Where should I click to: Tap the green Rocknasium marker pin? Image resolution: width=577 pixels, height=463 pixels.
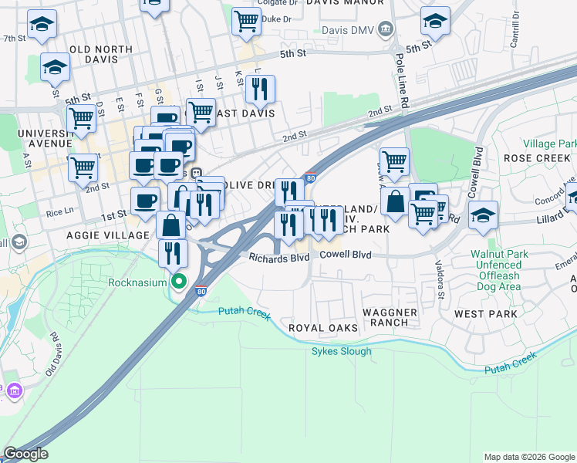coord(179,282)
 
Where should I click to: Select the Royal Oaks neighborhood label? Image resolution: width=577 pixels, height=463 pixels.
coord(323,328)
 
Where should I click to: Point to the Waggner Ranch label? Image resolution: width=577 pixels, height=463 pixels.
coord(390,318)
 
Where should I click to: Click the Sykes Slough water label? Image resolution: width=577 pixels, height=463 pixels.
coord(341,352)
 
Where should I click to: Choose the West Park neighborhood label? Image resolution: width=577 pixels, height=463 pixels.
coord(485,314)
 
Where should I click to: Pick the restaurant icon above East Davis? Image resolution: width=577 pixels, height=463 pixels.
coord(260,90)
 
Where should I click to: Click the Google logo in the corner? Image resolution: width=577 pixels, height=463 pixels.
coord(25,455)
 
